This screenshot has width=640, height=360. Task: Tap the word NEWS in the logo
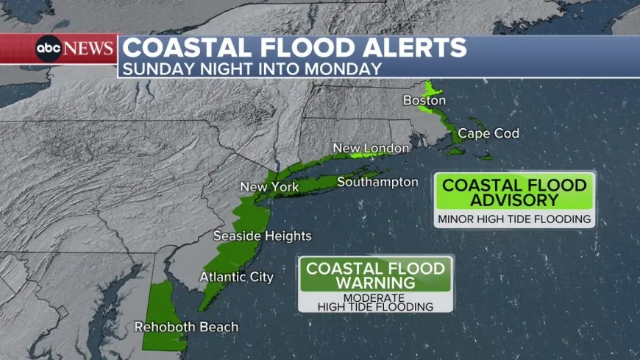point(88,49)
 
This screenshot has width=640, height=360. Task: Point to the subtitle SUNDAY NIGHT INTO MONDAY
point(252,68)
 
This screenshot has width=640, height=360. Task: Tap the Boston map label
point(424,99)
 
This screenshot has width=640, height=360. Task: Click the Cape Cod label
point(488,133)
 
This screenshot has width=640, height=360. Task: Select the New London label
point(371,148)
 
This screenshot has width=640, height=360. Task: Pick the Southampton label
point(377,182)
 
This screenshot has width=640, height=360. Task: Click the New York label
point(269,187)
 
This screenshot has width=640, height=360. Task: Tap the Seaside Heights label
point(262,236)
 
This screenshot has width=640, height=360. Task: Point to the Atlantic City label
point(236,277)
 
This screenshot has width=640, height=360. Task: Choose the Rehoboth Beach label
point(186,326)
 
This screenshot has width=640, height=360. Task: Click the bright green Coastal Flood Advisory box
point(514,193)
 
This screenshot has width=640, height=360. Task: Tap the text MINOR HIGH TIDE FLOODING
point(514,219)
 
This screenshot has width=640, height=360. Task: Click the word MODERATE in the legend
point(375,297)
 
